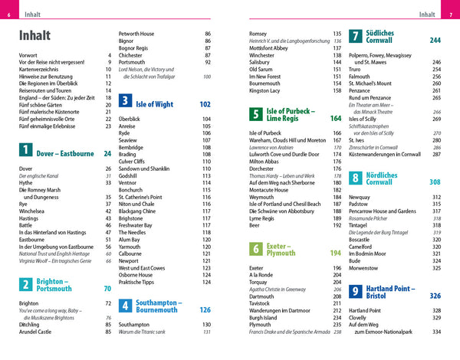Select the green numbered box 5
(256, 115)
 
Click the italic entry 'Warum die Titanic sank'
(149, 332)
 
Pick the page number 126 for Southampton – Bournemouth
(205, 310)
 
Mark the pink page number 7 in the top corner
(452, 13)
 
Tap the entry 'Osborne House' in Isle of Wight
(141, 276)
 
